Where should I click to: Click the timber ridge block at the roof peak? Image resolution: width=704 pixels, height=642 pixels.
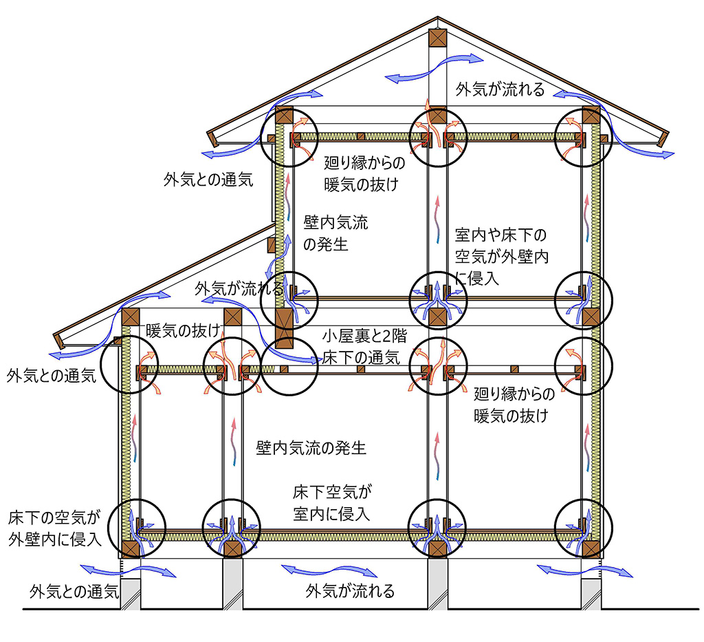(437, 38)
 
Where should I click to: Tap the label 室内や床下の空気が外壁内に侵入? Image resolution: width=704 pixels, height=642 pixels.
(501, 257)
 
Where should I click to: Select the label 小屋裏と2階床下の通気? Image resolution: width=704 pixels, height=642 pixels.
(364, 346)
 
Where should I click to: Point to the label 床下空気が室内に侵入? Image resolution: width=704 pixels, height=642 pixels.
(332, 503)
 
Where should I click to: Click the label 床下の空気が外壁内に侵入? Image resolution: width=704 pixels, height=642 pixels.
(54, 528)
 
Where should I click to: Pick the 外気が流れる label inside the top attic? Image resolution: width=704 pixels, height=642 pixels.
(500, 89)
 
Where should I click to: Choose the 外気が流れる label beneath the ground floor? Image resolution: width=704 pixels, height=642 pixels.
(350, 591)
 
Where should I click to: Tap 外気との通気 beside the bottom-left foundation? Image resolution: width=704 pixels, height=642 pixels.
(74, 591)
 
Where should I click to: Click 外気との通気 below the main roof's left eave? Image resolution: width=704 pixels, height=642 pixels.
(208, 180)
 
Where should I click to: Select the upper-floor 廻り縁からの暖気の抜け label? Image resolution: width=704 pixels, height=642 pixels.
(364, 173)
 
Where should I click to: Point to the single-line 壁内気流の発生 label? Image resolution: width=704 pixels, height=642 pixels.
(311, 447)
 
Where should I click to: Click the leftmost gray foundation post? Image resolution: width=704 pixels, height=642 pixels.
(130, 593)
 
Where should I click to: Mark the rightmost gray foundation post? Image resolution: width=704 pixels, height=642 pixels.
(591, 593)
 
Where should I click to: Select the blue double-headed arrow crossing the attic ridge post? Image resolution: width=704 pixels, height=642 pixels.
(434, 68)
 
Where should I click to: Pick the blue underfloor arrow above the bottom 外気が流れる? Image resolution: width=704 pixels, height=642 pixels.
(329, 570)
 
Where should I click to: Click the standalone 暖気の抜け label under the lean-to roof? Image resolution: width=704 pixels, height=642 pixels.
(183, 331)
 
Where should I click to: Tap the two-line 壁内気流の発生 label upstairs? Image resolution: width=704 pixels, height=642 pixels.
(335, 233)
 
